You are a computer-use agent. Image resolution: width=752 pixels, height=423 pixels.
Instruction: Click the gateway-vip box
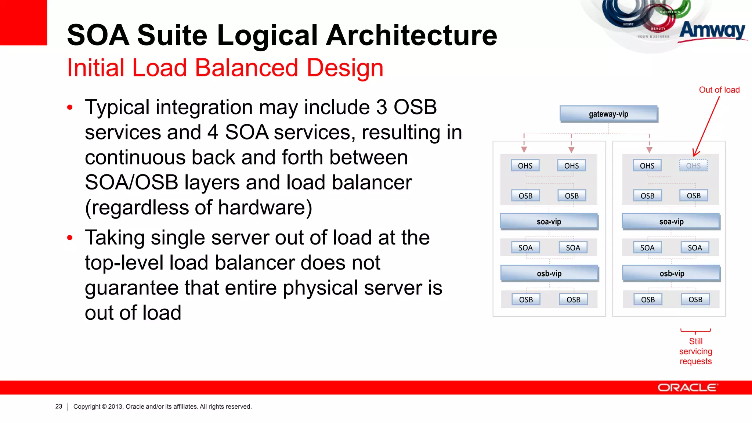pyautogui.click(x=608, y=114)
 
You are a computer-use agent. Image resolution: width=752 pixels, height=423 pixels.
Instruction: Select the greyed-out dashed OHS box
pyautogui.click(x=693, y=166)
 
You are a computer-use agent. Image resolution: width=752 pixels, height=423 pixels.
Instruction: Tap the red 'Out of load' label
pyautogui.click(x=719, y=90)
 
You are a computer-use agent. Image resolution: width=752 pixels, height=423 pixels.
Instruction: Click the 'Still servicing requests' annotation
pyautogui.click(x=695, y=351)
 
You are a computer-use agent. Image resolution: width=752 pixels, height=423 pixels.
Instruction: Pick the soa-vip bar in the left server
pyautogui.click(x=549, y=221)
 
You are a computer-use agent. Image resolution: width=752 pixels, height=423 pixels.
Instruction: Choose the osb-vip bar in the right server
pyautogui.click(x=672, y=274)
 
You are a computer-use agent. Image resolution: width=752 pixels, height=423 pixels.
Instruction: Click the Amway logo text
pyautogui.click(x=712, y=31)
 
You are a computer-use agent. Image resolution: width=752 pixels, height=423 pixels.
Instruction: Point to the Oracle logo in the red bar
pyautogui.click(x=687, y=388)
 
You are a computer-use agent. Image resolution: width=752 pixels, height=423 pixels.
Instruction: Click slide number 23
pyautogui.click(x=59, y=406)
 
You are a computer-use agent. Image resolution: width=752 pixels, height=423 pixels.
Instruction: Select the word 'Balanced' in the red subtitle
pyautogui.click(x=246, y=68)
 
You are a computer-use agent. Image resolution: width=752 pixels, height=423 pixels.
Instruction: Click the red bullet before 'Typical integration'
pyautogui.click(x=70, y=108)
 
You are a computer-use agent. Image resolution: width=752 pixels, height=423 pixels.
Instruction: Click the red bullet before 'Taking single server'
pyautogui.click(x=70, y=238)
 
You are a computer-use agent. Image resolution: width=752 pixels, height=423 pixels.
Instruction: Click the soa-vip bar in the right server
pyautogui.click(x=671, y=221)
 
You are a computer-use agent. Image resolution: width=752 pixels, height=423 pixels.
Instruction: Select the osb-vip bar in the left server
pyautogui.click(x=549, y=274)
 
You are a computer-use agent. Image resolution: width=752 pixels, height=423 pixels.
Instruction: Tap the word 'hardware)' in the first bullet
pyautogui.click(x=265, y=207)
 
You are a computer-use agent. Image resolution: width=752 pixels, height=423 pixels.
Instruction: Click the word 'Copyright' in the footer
pyautogui.click(x=87, y=406)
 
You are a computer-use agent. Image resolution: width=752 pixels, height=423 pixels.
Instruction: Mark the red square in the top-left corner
pyautogui.click(x=23, y=22)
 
